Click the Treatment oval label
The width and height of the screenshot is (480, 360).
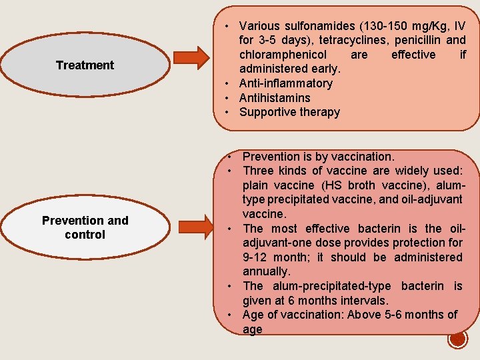click(x=85, y=65)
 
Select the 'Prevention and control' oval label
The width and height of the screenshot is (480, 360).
click(x=85, y=227)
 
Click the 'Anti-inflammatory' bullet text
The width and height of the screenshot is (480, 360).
click(x=285, y=83)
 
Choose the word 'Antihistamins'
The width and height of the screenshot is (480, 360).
click(x=275, y=98)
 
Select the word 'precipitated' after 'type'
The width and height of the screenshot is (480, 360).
click(x=301, y=200)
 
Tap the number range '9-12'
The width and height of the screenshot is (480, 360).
click(x=256, y=257)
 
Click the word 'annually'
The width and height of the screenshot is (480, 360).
click(x=266, y=271)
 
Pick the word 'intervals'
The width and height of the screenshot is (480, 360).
click(x=372, y=301)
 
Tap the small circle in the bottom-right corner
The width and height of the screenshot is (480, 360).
click(x=458, y=339)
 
